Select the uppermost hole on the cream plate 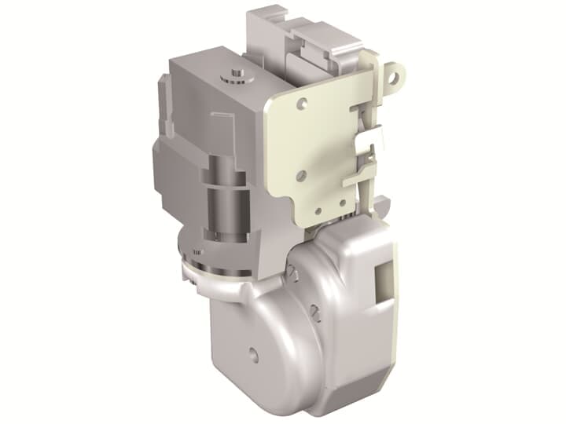click(x=303, y=102)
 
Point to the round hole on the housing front click(x=252, y=350)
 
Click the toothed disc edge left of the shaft click(x=193, y=253)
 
